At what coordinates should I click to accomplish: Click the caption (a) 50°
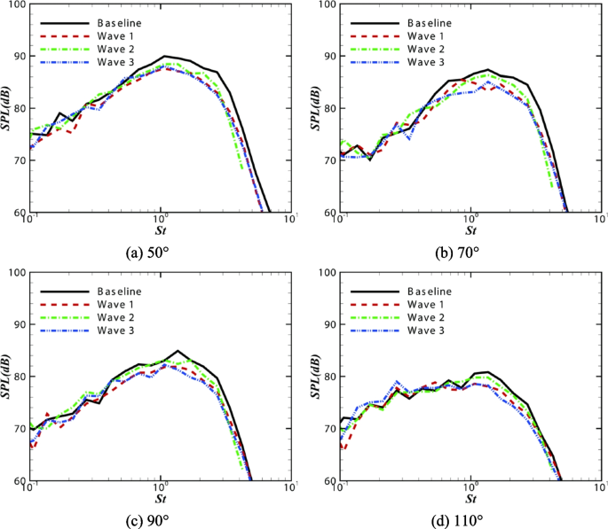coord(159,252)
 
